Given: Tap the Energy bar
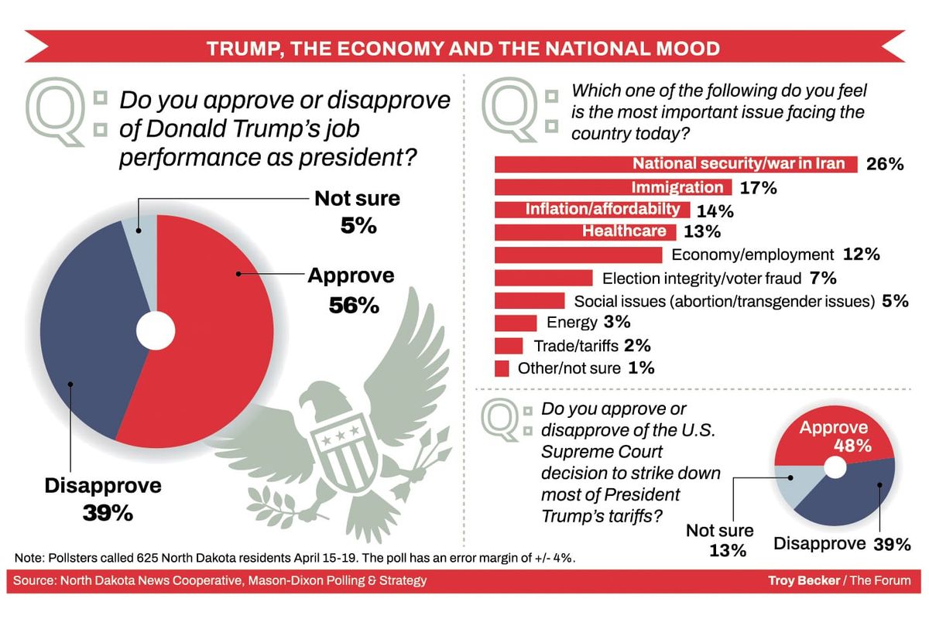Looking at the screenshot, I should coord(515,323).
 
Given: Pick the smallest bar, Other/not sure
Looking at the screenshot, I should coord(502,368).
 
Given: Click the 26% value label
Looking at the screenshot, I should coord(886,164).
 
